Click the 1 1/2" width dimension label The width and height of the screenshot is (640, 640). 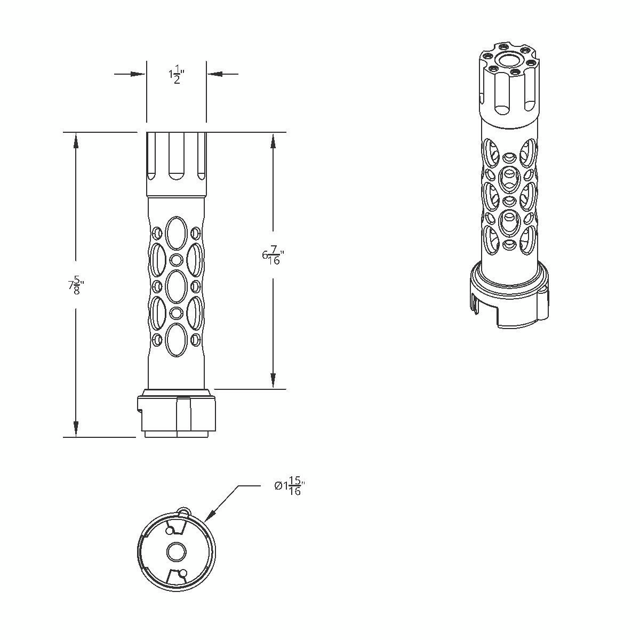point(177,75)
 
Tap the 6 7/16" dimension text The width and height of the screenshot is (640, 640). point(274,255)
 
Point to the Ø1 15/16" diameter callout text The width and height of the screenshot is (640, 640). point(290,486)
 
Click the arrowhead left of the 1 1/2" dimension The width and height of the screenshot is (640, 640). point(138,74)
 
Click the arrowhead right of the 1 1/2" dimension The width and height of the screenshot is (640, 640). point(214,74)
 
